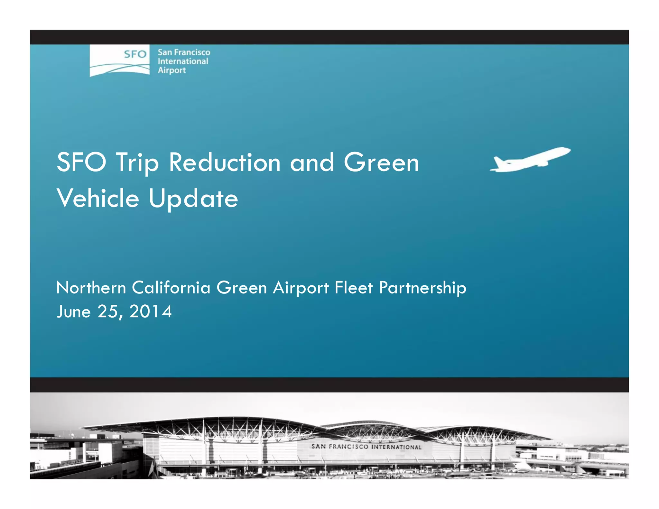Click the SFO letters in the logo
135,54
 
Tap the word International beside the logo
183,61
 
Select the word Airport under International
172,70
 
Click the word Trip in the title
137,163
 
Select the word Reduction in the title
225,162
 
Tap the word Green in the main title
381,162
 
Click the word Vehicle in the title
98,198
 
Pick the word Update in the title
193,199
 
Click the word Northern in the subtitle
91,287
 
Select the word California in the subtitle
171,287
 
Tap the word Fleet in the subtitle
354,287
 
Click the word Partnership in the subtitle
422,288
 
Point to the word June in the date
74,312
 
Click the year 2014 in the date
150,311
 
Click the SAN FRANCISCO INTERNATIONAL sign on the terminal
366,447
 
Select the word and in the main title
312,162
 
